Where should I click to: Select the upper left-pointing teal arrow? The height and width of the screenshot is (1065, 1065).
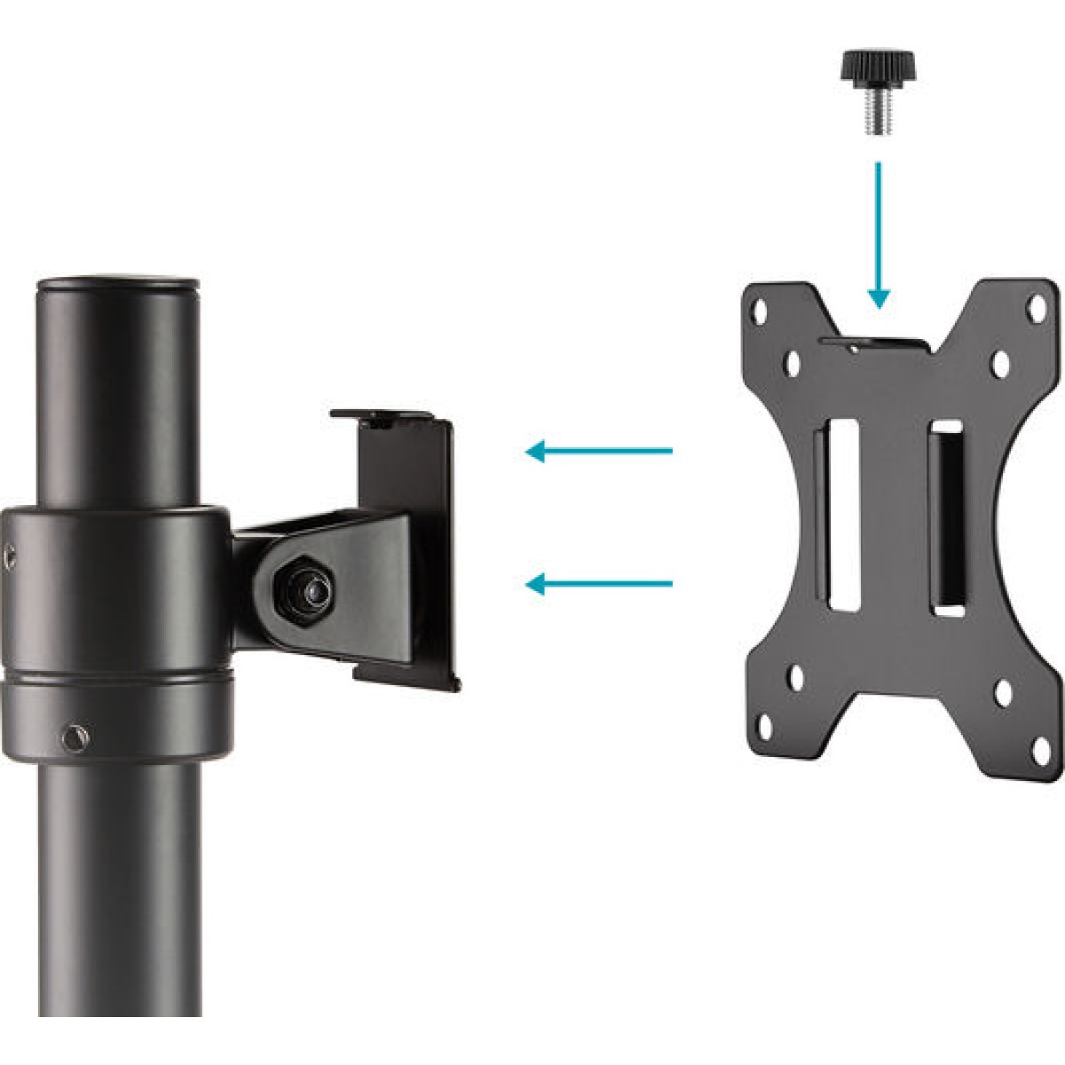(598, 452)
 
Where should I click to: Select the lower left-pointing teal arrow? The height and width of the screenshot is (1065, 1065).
(598, 584)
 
